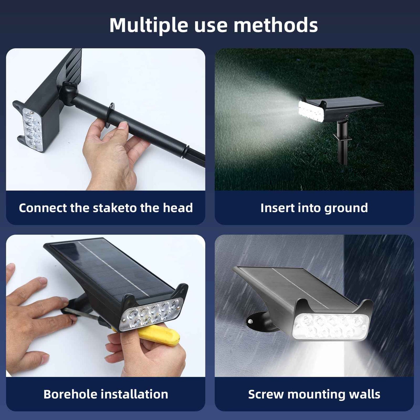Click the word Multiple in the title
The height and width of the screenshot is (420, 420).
tap(149, 26)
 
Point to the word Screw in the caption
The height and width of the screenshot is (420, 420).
tap(266, 394)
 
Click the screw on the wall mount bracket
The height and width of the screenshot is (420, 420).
tap(250, 321)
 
